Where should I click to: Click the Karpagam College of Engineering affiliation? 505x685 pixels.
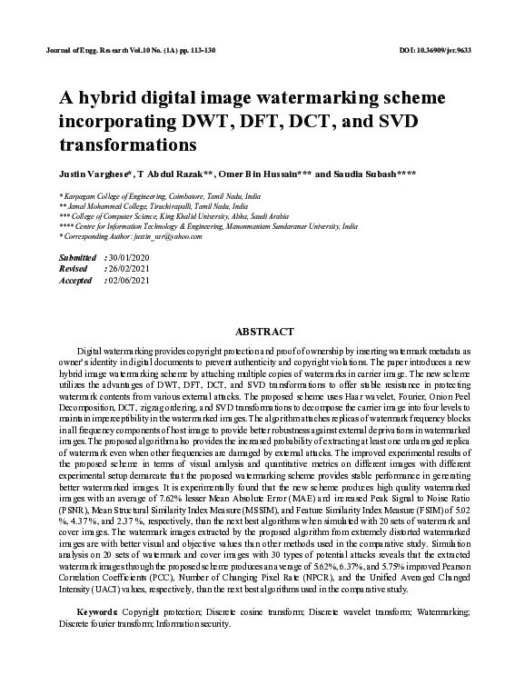[159, 195]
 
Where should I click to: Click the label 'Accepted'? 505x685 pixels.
[75, 281]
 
